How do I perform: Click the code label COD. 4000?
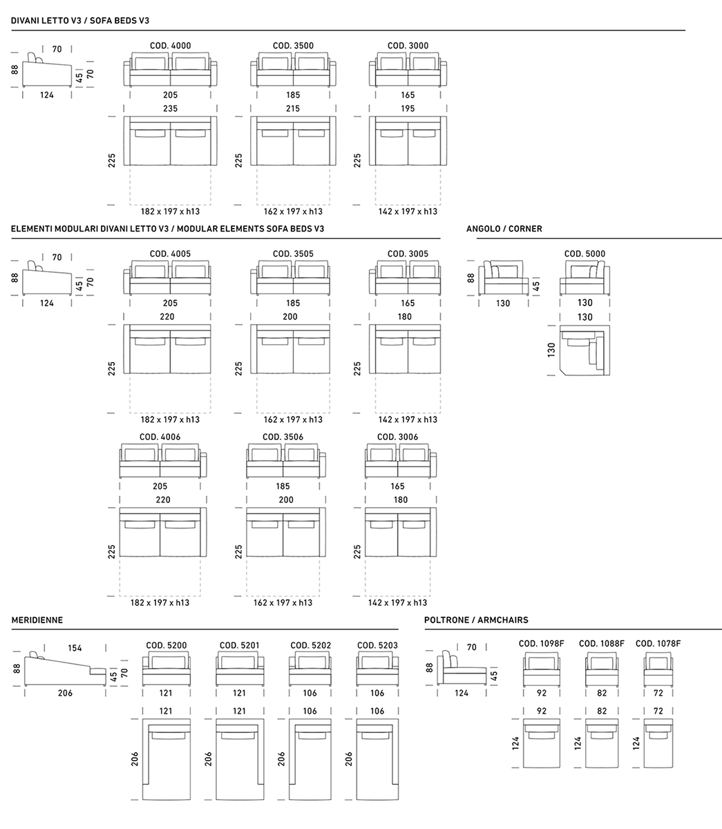coord(170,46)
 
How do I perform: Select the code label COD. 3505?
coord(293,254)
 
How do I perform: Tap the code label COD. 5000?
coord(585,254)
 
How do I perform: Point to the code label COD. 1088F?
coord(601,644)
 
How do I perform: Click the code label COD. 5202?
coord(310,645)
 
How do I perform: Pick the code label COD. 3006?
coord(397,437)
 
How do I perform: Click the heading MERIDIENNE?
coord(37,620)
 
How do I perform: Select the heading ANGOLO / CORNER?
coord(504,229)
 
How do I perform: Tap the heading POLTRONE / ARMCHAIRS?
coord(476,620)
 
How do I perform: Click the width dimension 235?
coord(170,108)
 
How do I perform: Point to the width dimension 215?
coord(293,108)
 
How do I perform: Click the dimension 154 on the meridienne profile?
coord(75,648)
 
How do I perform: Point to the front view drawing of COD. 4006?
coord(163,461)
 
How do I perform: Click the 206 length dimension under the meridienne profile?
coord(65,694)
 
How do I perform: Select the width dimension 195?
coord(408,108)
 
